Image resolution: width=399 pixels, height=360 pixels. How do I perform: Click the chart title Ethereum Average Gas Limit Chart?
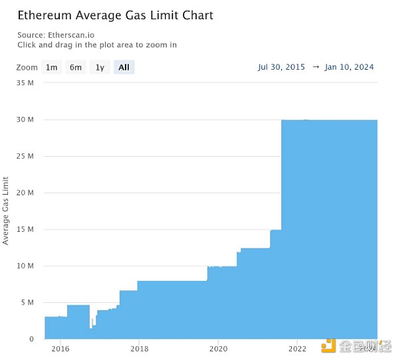tap(115, 15)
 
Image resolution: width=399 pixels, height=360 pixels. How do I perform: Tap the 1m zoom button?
tap(52, 67)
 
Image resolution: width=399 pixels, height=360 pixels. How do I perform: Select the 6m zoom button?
tap(76, 67)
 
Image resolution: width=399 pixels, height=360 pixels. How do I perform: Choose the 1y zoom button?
tap(100, 67)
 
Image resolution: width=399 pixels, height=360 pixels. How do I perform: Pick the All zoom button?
tap(124, 67)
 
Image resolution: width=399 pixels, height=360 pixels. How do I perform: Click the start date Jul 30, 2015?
tap(281, 67)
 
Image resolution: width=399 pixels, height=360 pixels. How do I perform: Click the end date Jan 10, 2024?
tap(349, 67)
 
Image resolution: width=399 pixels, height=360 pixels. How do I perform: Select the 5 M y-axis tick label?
tap(28, 302)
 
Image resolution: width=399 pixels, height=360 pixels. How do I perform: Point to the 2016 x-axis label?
tap(61, 348)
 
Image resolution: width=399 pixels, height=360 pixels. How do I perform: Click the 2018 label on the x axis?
tap(139, 348)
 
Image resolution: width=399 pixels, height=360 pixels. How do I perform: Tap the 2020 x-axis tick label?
tap(218, 348)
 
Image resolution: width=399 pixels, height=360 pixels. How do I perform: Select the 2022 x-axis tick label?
tap(297, 348)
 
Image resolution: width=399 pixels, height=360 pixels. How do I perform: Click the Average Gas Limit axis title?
tap(6, 211)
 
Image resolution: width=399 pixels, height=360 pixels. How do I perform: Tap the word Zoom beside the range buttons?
tap(27, 67)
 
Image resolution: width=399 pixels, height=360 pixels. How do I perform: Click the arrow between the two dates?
tap(315, 67)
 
